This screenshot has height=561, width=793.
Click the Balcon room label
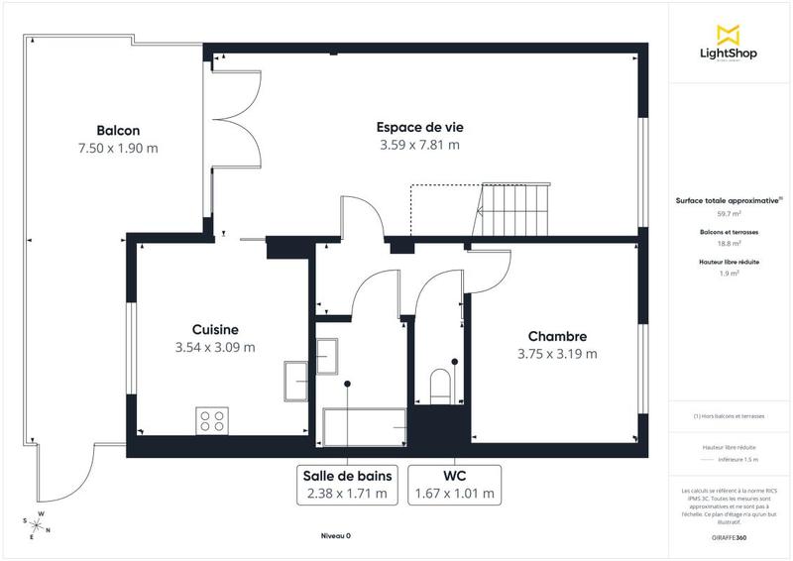click(x=118, y=131)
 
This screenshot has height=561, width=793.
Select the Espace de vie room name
click(x=420, y=127)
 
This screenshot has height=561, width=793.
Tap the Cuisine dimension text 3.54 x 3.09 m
click(x=215, y=347)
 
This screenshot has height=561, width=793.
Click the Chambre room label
click(x=557, y=336)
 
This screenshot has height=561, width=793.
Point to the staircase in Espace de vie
click(x=513, y=210)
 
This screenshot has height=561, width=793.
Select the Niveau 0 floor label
click(x=335, y=536)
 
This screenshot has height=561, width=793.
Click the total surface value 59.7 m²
click(x=730, y=213)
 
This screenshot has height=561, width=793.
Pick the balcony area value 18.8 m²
click(x=730, y=243)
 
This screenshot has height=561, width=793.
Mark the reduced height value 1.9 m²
click(x=730, y=274)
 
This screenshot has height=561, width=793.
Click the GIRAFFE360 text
click(x=729, y=535)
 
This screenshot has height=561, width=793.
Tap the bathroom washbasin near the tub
click(x=327, y=352)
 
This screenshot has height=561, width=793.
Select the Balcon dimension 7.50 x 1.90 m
click(x=118, y=148)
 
